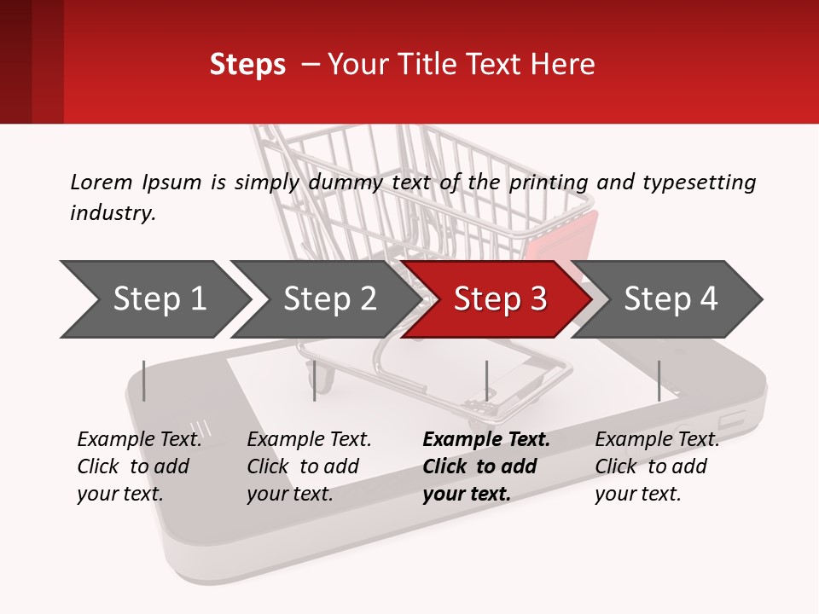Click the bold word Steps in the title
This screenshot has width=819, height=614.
pyautogui.click(x=247, y=65)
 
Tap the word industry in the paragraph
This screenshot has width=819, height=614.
pyautogui.click(x=112, y=213)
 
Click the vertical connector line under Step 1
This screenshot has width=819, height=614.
pyautogui.click(x=144, y=380)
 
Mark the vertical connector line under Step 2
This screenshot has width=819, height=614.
pyautogui.click(x=315, y=380)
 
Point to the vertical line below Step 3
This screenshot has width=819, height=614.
pyautogui.click(x=486, y=380)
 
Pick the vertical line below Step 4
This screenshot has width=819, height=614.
pyautogui.click(x=659, y=380)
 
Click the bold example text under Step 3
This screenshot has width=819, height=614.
pyautogui.click(x=485, y=466)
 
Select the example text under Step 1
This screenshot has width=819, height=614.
pyautogui.click(x=139, y=466)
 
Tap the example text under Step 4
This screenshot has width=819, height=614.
pyautogui.click(x=656, y=466)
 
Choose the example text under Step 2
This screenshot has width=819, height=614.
pyautogui.click(x=309, y=466)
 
